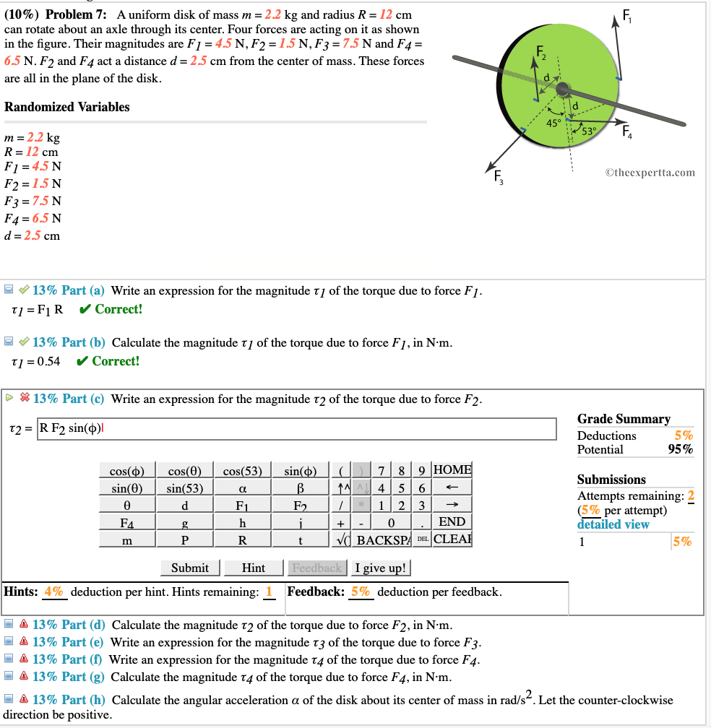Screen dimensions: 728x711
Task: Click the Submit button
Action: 190,568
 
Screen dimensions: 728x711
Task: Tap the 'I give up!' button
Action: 382,568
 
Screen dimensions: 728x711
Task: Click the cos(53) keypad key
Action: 242,470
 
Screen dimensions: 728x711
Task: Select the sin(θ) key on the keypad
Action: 126,487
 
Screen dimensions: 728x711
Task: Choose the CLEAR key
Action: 452,539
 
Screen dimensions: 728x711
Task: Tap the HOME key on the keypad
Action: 452,470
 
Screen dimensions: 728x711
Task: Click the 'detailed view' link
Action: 613,524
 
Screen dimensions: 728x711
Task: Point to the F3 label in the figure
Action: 497,176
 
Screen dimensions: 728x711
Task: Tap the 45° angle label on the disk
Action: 553,123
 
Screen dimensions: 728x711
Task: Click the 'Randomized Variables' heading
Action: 67,107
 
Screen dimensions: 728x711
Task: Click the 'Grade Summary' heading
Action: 624,419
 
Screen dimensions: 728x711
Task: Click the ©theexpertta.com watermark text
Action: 650,172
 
